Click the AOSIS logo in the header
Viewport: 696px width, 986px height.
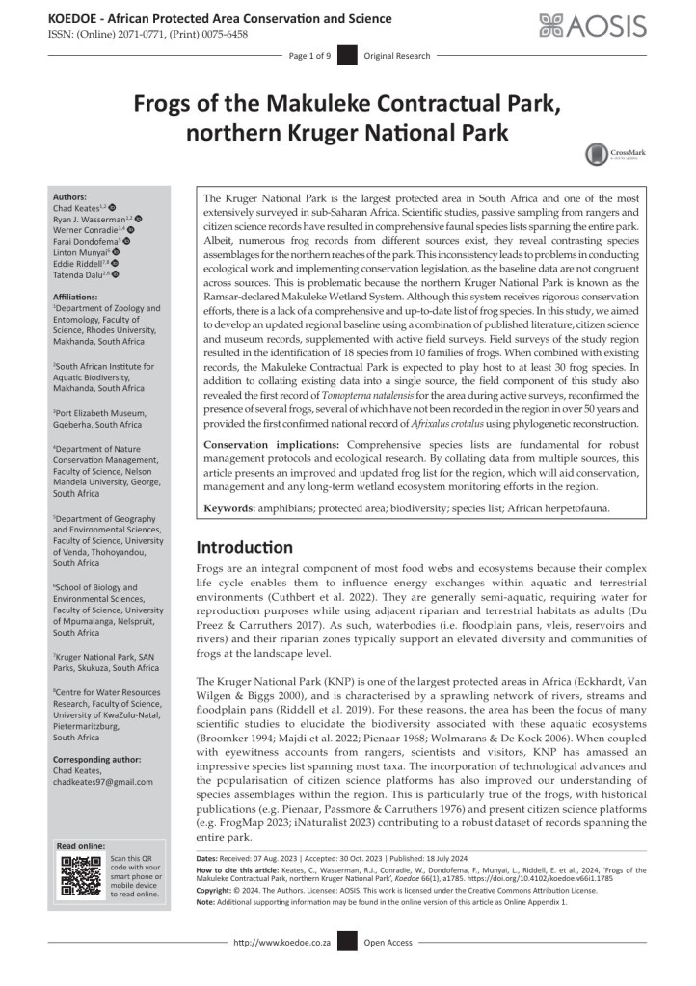592,25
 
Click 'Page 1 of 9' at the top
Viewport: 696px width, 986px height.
309,56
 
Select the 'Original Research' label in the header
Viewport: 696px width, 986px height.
397,56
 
